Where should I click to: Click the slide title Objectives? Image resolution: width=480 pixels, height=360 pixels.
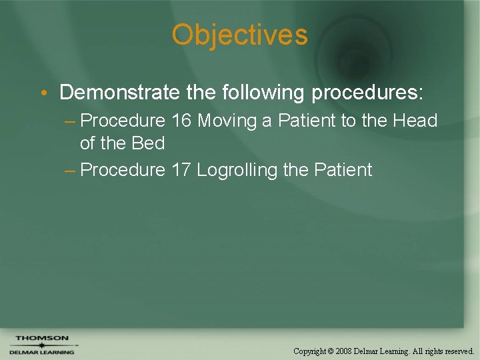pyautogui.click(x=239, y=35)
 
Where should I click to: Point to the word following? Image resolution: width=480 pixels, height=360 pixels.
pyautogui.click(x=262, y=92)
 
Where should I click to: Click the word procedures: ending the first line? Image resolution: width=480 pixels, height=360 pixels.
pyautogui.click(x=367, y=92)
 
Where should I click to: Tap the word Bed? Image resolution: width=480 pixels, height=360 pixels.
pyautogui.click(x=147, y=143)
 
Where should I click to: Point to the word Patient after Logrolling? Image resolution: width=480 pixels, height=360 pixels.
pyautogui.click(x=342, y=170)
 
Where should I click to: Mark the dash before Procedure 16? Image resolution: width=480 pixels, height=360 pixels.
pyautogui.click(x=70, y=121)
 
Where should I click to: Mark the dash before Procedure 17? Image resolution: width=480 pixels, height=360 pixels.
pyautogui.click(x=70, y=171)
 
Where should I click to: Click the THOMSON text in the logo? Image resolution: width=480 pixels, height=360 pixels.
pyautogui.click(x=42, y=338)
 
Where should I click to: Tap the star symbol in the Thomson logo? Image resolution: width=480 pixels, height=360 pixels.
pyautogui.click(x=41, y=345)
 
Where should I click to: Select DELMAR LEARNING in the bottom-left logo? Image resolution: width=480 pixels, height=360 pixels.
pyautogui.click(x=42, y=352)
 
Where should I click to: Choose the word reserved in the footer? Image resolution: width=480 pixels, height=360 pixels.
pyautogui.click(x=459, y=351)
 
